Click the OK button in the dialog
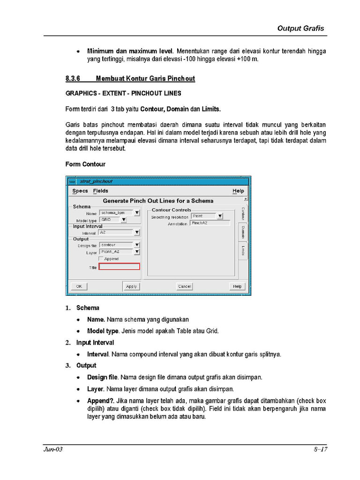coord(79,286)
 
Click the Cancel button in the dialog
coord(185,286)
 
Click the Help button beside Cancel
coord(237,286)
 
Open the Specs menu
coord(80,191)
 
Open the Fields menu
coord(100,191)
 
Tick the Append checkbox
coord(101,259)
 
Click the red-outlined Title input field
coord(119,267)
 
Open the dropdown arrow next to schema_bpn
coord(137,213)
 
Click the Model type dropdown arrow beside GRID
coord(123,219)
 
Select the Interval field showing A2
coord(115,232)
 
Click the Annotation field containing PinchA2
coord(210,224)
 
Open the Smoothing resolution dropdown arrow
coord(220,216)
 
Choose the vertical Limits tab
coord(243,250)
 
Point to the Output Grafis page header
coord(300,28)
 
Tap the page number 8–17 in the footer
coord(320,450)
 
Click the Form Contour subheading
coord(85,164)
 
